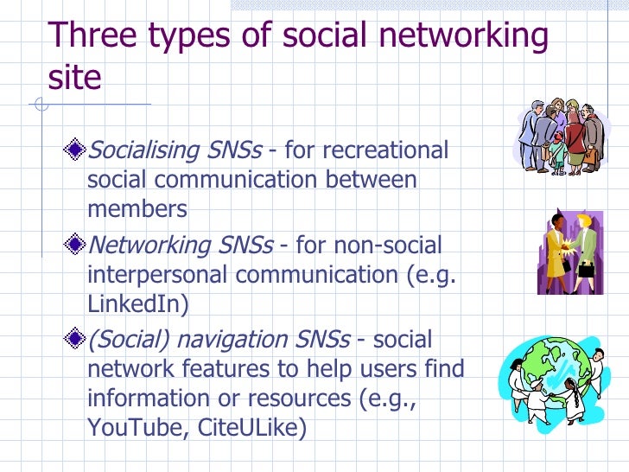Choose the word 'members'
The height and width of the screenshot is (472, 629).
137,209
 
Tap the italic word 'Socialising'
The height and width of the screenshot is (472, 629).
143,151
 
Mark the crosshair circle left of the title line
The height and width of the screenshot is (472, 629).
40,105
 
